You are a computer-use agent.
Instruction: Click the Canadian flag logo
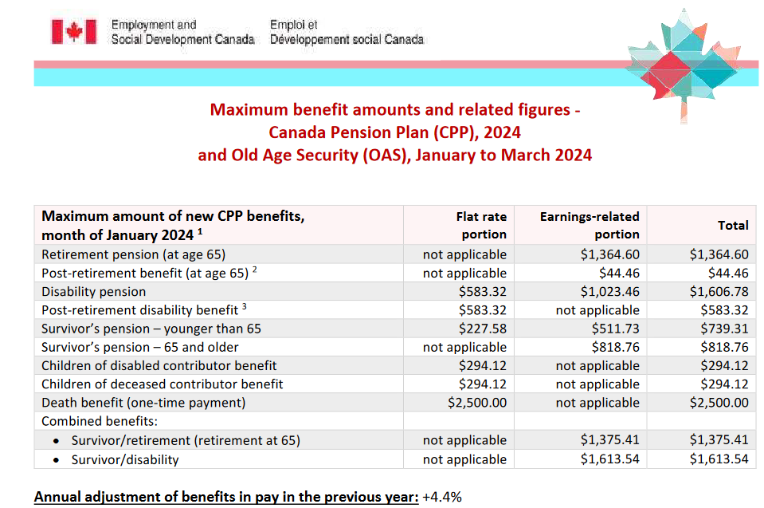(73, 32)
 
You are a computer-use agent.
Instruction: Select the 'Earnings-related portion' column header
(590, 225)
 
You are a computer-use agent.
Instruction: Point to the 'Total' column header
(733, 226)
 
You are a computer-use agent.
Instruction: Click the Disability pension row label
(94, 292)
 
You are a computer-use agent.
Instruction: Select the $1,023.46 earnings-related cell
(608, 292)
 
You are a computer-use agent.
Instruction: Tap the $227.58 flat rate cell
(483, 329)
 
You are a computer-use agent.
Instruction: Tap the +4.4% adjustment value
(442, 497)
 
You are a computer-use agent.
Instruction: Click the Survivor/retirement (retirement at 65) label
(186, 440)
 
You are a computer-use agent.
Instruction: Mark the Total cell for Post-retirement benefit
(727, 274)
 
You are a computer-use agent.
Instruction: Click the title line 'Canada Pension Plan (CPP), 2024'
(394, 132)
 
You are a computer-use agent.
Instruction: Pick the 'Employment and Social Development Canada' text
(182, 32)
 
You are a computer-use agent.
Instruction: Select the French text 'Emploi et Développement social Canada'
(347, 32)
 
